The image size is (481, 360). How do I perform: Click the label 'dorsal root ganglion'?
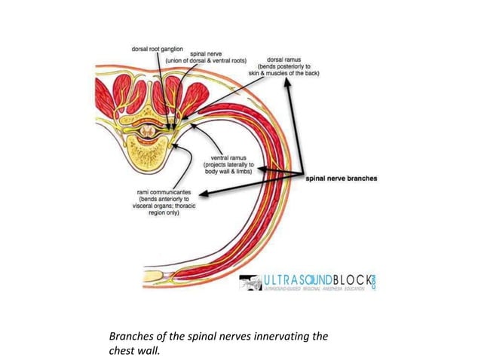coord(158,48)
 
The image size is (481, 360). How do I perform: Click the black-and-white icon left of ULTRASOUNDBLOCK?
coord(250,283)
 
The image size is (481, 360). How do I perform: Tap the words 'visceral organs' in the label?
coord(153,206)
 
